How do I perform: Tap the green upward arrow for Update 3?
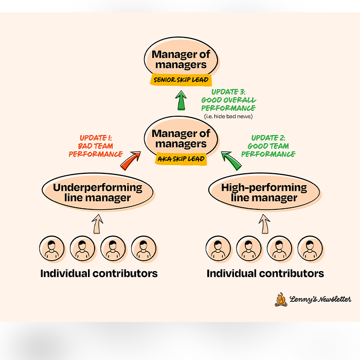point(181,100)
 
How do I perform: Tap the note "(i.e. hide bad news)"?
point(228,116)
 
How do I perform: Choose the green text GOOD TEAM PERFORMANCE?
point(268,150)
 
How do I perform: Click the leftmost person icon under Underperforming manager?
point(51,249)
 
